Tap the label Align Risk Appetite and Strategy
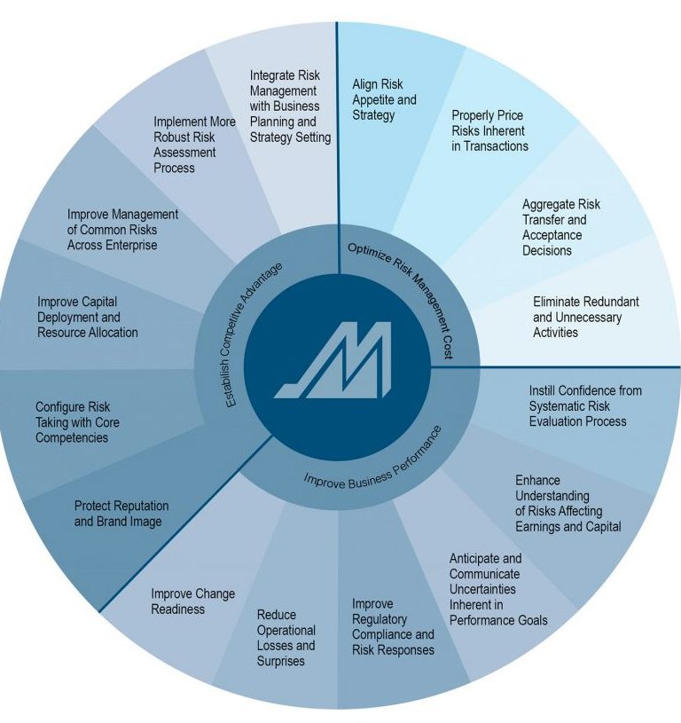pos(384,99)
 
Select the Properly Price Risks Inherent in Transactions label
pos(489,130)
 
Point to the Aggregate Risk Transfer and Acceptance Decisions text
pos(561,227)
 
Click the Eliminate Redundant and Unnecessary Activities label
pos(585,318)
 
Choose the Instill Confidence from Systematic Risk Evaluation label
pos(585,405)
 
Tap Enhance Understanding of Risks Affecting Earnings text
pos(568,504)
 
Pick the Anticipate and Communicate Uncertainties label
pos(498,589)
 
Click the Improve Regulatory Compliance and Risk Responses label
pos(393,626)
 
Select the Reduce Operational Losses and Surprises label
pos(286,638)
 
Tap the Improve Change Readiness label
pos(193,601)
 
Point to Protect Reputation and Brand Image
pos(121,514)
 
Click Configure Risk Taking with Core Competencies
pos(77,422)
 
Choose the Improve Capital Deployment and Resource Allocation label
pos(88,318)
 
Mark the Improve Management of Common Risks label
pos(122,230)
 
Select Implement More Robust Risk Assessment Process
pos(194,145)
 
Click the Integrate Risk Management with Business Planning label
pos(290,106)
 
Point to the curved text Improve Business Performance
pos(372,462)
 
